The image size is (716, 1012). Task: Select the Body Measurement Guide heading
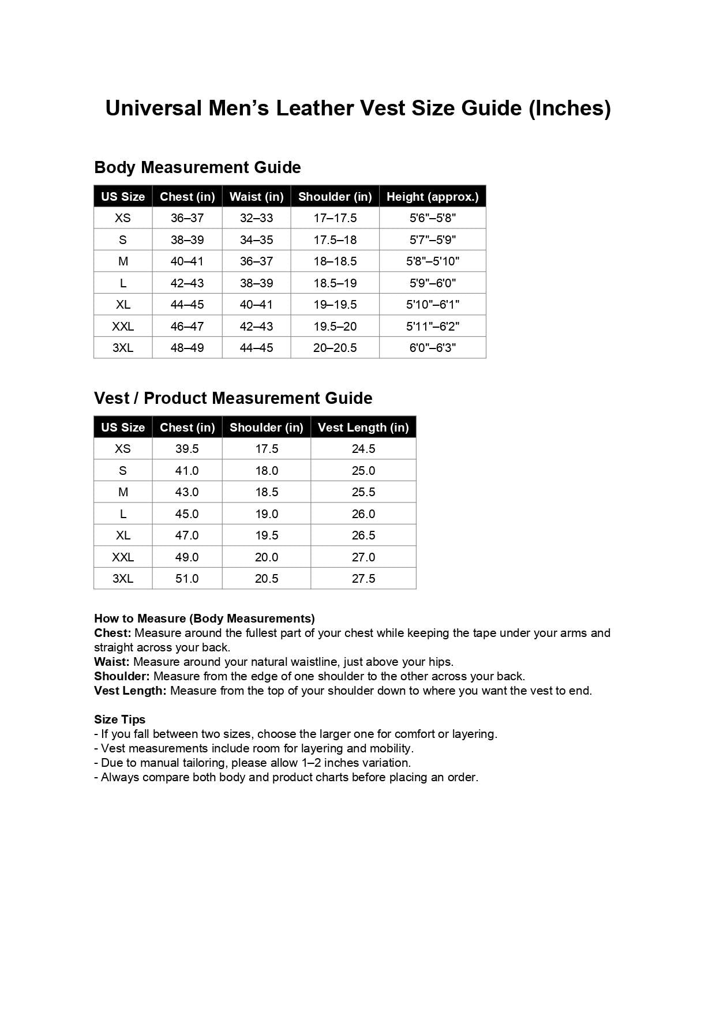197,167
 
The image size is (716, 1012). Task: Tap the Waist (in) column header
256,197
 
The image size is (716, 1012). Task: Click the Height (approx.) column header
432,197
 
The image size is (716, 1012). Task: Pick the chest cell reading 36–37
187,218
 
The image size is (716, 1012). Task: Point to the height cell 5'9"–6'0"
432,283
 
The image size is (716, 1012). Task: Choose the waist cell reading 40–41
256,305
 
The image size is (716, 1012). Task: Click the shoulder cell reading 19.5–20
335,327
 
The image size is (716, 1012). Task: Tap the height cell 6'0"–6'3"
432,348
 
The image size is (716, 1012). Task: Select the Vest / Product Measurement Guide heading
233,398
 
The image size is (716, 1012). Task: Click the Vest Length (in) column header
363,428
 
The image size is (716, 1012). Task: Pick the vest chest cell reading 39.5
187,449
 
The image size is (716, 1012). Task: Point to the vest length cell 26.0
363,514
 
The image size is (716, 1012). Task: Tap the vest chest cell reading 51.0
187,579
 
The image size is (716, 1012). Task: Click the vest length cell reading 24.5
363,449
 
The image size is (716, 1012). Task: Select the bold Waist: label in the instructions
112,662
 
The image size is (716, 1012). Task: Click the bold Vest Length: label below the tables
130,691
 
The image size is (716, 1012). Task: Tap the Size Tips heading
120,719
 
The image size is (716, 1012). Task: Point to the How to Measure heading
204,619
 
